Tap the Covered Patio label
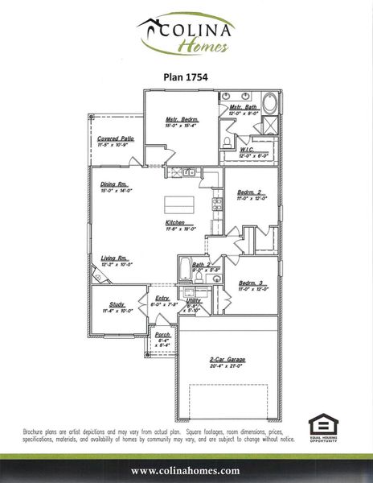pyautogui.click(x=115, y=138)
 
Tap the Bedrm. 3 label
pyautogui.click(x=252, y=284)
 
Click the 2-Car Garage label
pyautogui.click(x=227, y=359)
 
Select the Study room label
pyautogui.click(x=117, y=304)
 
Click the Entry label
pyautogui.click(x=162, y=299)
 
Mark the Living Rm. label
pyautogui.click(x=115, y=258)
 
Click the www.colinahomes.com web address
pyautogui.click(x=186, y=470)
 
